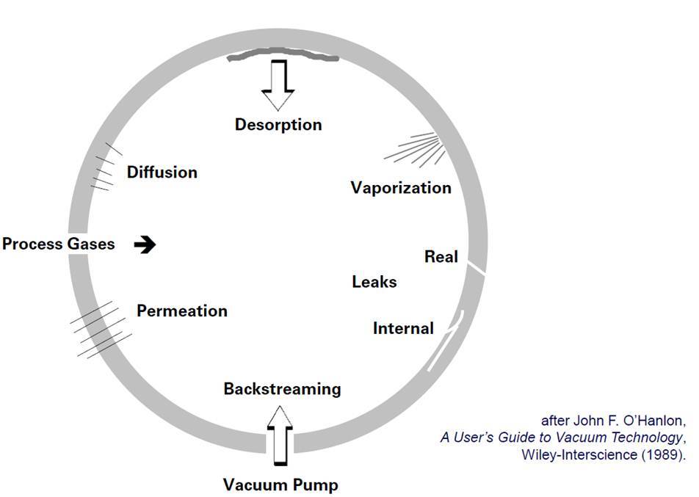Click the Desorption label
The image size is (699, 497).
[x=278, y=124]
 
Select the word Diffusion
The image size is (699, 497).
[x=162, y=173]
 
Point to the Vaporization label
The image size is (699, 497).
[x=401, y=188]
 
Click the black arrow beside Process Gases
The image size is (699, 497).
[x=145, y=244]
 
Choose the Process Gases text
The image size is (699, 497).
[x=59, y=244]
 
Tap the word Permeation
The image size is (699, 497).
[x=182, y=311]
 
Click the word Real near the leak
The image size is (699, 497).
[x=441, y=257]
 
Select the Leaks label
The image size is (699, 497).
[x=374, y=282]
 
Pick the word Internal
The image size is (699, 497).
[x=403, y=328]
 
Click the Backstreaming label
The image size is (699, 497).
[x=282, y=388]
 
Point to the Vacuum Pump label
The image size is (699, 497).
[x=280, y=485]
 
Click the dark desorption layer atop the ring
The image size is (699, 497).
[x=283, y=57]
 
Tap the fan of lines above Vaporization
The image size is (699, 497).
[x=416, y=149]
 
